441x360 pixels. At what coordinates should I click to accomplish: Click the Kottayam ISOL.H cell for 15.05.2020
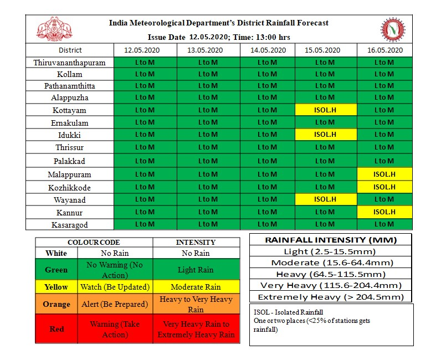pyautogui.click(x=325, y=110)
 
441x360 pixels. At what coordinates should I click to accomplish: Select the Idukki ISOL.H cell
pyautogui.click(x=325, y=134)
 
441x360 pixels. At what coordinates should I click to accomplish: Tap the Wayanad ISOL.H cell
pyautogui.click(x=325, y=199)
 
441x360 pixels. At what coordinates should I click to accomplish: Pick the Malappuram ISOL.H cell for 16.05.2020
pyautogui.click(x=384, y=174)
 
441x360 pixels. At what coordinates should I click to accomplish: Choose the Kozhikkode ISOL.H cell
pyautogui.click(x=384, y=187)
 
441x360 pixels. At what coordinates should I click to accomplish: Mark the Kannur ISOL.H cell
pyautogui.click(x=384, y=212)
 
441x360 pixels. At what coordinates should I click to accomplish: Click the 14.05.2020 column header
pyautogui.click(x=268, y=50)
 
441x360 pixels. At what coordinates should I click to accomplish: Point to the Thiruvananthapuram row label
pyautogui.click(x=69, y=62)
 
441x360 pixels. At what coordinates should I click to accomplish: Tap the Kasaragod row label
pyautogui.click(x=69, y=225)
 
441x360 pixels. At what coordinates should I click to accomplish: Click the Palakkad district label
pyautogui.click(x=69, y=161)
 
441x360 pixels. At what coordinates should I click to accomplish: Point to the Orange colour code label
pyautogui.click(x=57, y=304)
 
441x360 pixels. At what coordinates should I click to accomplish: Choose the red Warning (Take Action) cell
pyautogui.click(x=115, y=329)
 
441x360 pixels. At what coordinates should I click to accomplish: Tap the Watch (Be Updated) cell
pyautogui.click(x=115, y=287)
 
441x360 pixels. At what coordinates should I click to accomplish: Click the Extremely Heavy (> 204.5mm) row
pyautogui.click(x=331, y=296)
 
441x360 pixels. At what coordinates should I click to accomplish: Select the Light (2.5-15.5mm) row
pyautogui.click(x=331, y=251)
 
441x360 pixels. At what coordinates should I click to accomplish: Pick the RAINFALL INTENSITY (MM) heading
pyautogui.click(x=331, y=240)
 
